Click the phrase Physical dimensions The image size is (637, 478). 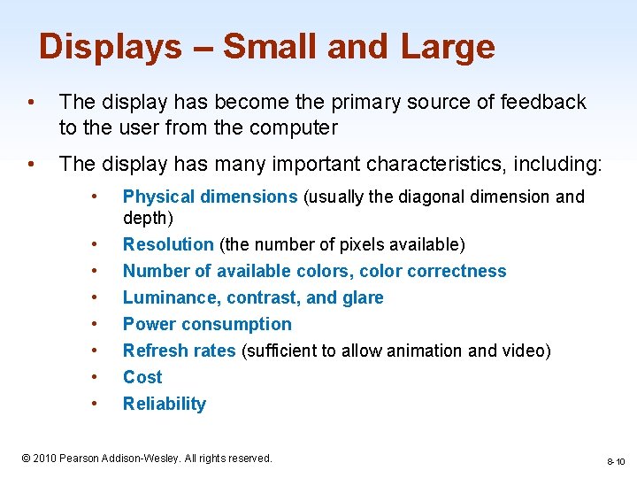click(210, 197)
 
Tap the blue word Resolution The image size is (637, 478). click(168, 244)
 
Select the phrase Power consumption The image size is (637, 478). click(207, 324)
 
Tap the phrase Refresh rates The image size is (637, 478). click(180, 351)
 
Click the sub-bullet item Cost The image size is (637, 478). click(142, 377)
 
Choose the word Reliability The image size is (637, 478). click(165, 404)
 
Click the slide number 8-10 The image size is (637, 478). click(616, 461)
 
